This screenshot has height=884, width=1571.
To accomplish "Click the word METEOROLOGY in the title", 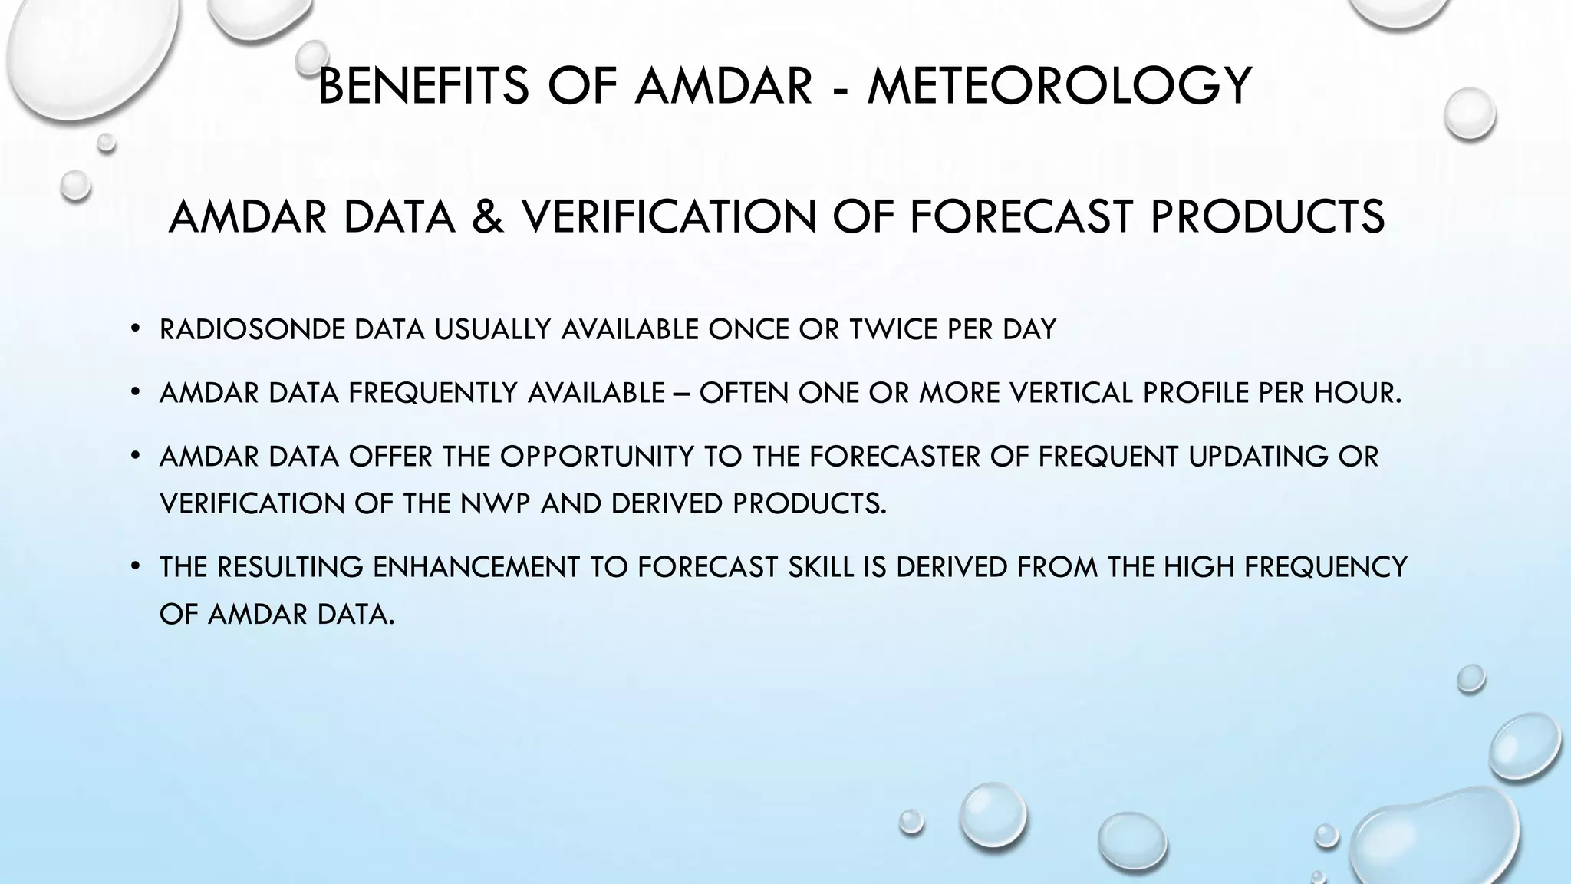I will [1059, 85].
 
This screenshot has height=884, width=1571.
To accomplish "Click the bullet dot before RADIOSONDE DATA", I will [135, 330].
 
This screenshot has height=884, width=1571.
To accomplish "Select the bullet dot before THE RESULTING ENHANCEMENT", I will [135, 568].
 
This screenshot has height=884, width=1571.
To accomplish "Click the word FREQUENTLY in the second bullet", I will [434, 393].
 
